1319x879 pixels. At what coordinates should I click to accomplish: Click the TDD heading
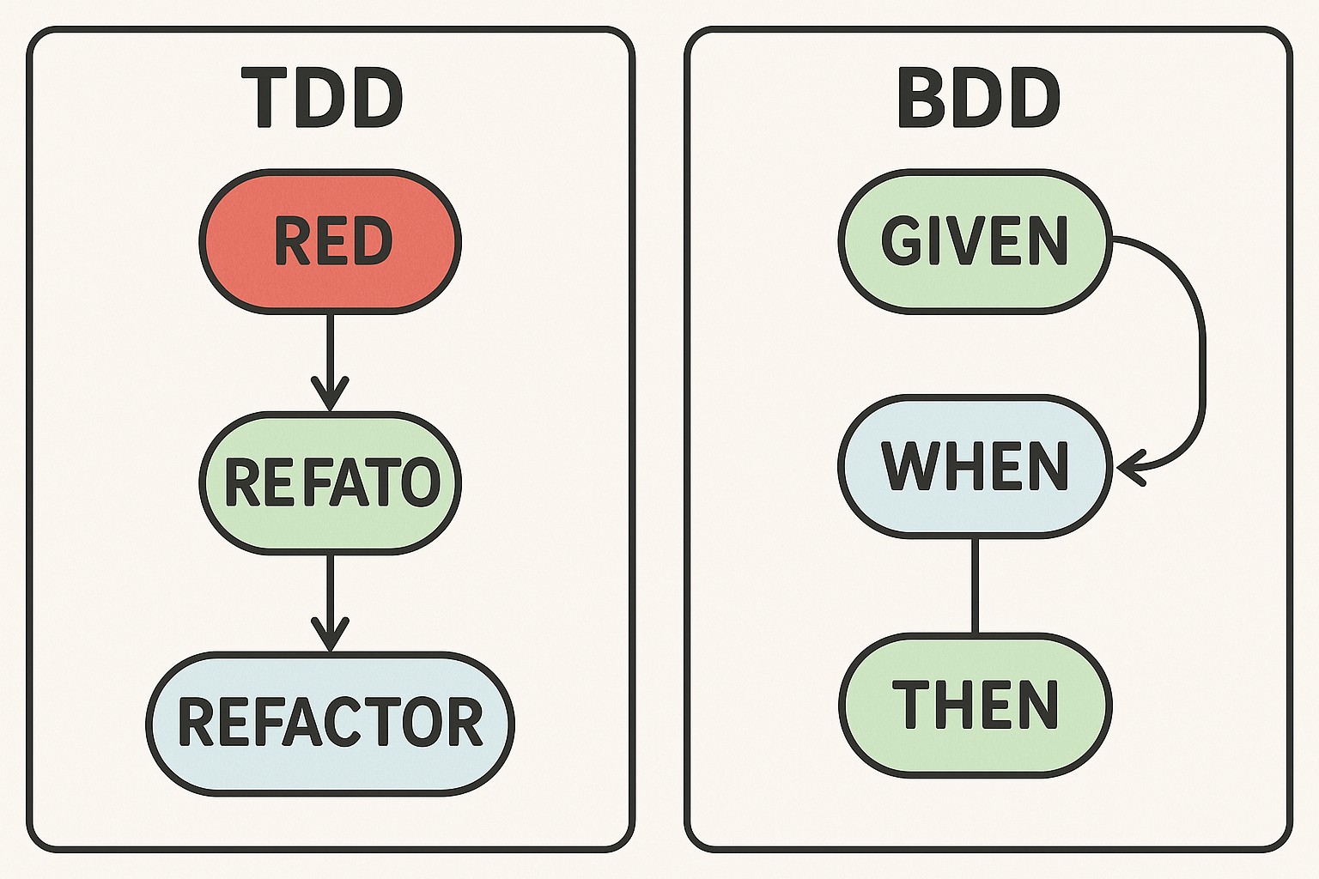tap(323, 99)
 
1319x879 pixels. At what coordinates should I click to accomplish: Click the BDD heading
tap(979, 99)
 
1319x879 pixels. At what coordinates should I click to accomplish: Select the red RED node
tap(331, 241)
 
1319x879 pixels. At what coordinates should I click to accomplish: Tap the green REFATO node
tap(331, 482)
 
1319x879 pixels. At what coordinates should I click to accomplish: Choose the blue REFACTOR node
tap(331, 723)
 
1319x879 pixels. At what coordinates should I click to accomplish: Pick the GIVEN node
tap(975, 241)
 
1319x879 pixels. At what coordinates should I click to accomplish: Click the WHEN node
tap(975, 467)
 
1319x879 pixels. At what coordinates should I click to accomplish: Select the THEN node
tap(975, 706)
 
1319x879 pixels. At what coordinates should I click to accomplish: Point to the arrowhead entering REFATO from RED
tap(330, 397)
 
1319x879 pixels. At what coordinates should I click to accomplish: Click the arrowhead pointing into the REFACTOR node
tap(330, 637)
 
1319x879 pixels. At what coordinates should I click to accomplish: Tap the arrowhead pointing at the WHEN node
tap(1128, 469)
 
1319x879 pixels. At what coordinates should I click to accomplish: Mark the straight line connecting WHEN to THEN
tap(975, 585)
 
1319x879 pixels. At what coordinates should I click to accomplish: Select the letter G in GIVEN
tap(903, 241)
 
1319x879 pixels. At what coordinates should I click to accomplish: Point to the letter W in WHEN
tap(912, 467)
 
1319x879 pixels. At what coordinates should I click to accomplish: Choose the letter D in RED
tap(374, 241)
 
